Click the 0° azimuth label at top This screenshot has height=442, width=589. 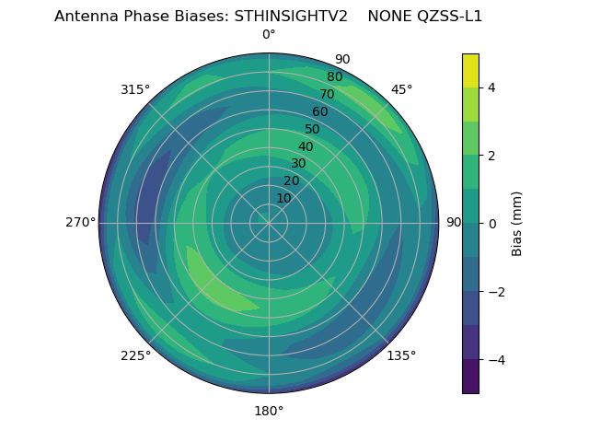click(x=269, y=35)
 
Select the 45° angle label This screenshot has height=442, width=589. click(x=401, y=89)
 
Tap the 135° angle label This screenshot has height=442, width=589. click(x=401, y=355)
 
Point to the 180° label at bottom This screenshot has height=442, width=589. click(x=269, y=411)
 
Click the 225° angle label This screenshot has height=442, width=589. click(x=135, y=355)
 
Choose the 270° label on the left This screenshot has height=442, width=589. click(x=80, y=223)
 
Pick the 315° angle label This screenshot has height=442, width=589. click(x=135, y=89)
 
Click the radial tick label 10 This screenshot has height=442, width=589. click(x=283, y=198)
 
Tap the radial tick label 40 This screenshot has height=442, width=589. click(x=306, y=146)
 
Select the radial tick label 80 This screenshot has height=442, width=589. click(x=335, y=76)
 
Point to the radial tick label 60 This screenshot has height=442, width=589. click(x=320, y=111)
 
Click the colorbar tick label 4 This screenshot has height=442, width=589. click(x=491, y=87)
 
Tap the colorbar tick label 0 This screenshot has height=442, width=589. click(x=491, y=223)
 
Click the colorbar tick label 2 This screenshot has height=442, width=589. click(x=491, y=156)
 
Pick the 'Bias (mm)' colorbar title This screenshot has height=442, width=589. click(x=517, y=223)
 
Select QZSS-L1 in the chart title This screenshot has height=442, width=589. click(x=451, y=17)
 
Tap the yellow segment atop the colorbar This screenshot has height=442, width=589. click(x=471, y=70)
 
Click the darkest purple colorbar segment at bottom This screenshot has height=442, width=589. click(x=471, y=376)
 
